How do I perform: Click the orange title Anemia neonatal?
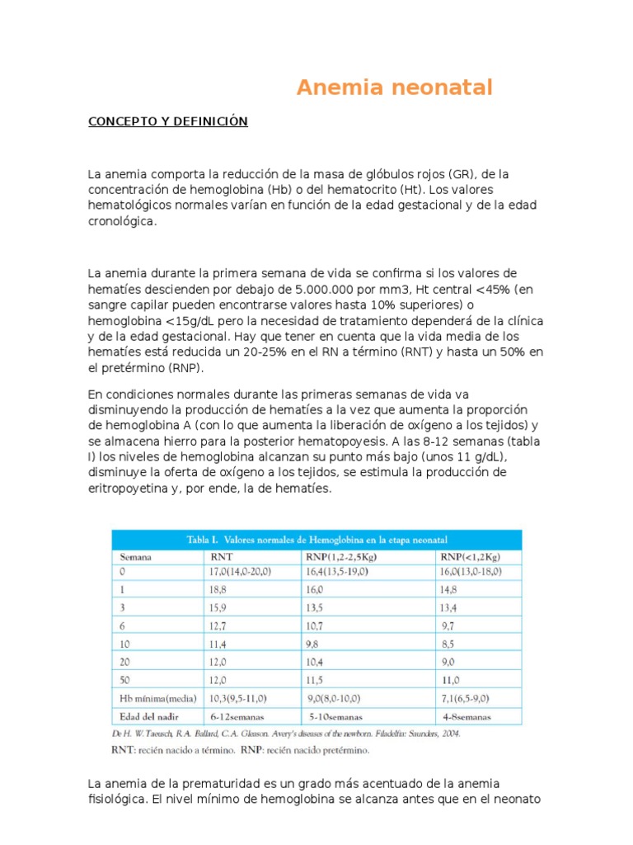[394, 87]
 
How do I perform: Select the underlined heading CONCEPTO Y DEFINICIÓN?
[168, 121]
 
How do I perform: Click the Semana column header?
[136, 556]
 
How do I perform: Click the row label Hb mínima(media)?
[155, 699]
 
